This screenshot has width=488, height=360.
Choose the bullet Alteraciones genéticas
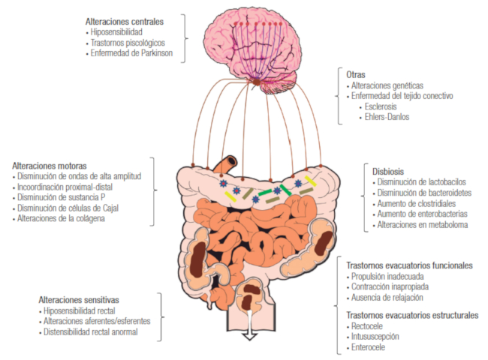386,85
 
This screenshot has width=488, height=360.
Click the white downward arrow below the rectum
247,334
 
